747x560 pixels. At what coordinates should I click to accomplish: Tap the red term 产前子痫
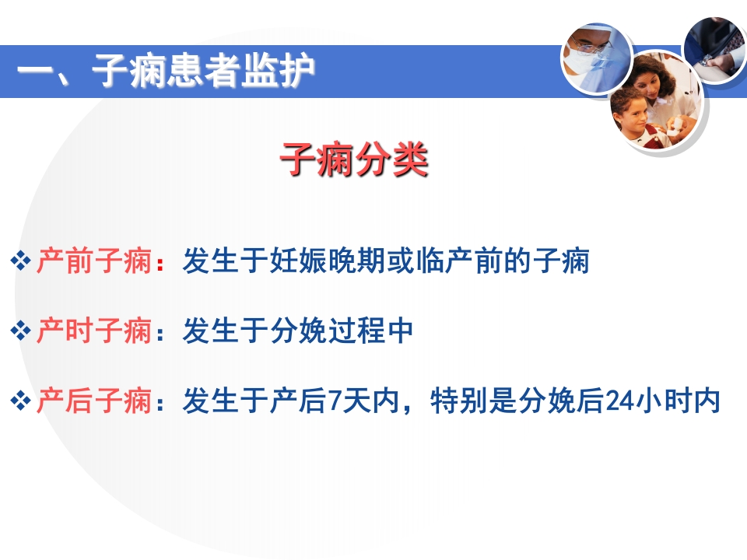tap(93, 261)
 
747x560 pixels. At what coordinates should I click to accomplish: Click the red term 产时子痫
tap(93, 332)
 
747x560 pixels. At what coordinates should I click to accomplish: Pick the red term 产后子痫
tap(93, 402)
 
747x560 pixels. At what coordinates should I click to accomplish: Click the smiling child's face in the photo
tap(630, 120)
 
